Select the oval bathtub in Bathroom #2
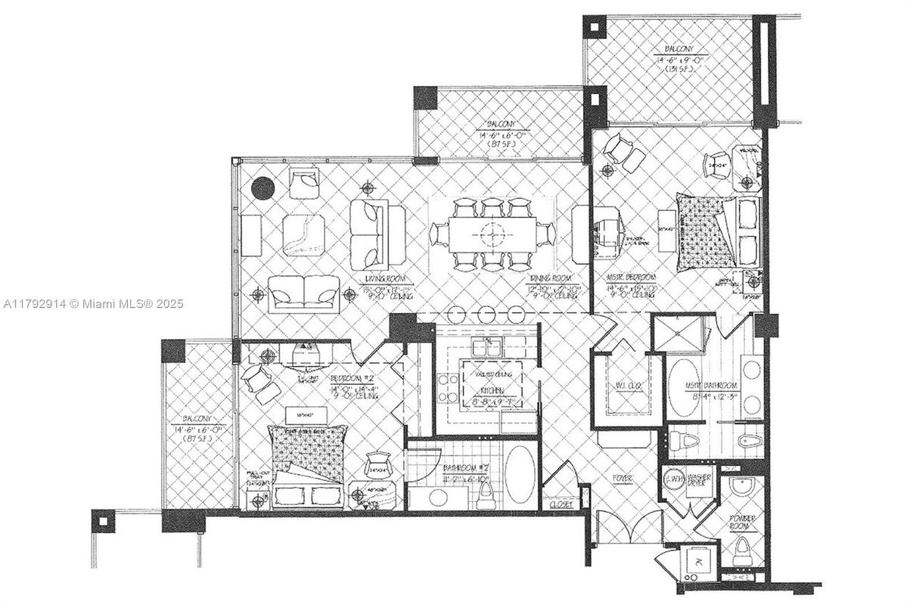(x=520, y=474)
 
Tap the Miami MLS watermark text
(x=92, y=304)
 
